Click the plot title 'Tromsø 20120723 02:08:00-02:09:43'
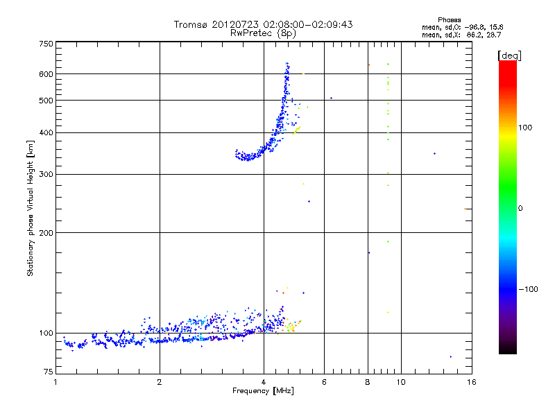pos(263,24)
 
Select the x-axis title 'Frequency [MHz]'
pos(263,392)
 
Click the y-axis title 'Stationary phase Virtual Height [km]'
pos(31,209)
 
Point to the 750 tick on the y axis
pos(46,44)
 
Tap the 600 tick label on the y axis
pos(46,73)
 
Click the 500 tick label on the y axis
pos(46,101)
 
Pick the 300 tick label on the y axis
pos(46,174)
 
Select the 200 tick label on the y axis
pos(46,232)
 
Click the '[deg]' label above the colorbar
pos(509,55)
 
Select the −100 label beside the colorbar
pos(529,289)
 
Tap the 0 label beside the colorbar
pos(522,208)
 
